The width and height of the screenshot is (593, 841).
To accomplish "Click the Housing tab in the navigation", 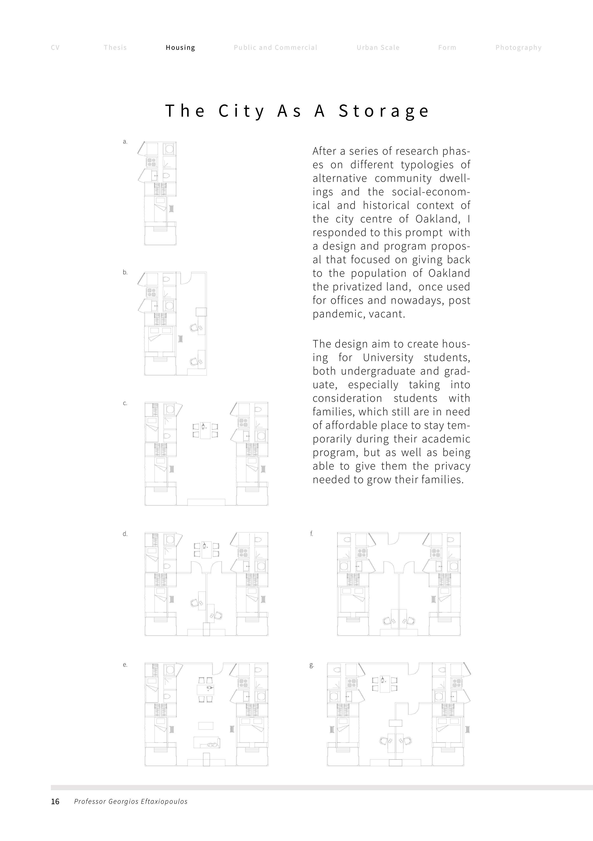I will [x=180, y=48].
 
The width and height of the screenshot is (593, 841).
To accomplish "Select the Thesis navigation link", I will [x=115, y=48].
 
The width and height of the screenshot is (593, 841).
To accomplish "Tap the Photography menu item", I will [x=518, y=48].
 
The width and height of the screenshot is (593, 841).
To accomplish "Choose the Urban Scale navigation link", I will [x=378, y=48].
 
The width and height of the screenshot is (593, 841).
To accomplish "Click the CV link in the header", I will [x=55, y=48].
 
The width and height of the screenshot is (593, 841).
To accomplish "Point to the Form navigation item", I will [x=447, y=48].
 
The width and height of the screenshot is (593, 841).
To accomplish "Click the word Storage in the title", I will [x=384, y=111].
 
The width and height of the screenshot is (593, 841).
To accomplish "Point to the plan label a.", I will [x=125, y=142].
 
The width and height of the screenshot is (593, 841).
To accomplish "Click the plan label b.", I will [x=125, y=272].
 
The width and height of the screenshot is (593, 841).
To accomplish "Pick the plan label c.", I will [x=125, y=403].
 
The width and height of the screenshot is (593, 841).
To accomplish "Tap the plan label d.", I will [x=125, y=534].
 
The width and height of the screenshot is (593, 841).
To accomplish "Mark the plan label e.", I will [x=125, y=665].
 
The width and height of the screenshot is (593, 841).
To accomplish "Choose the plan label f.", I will [x=311, y=534].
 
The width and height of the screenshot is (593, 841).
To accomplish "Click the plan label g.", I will [x=311, y=665].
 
